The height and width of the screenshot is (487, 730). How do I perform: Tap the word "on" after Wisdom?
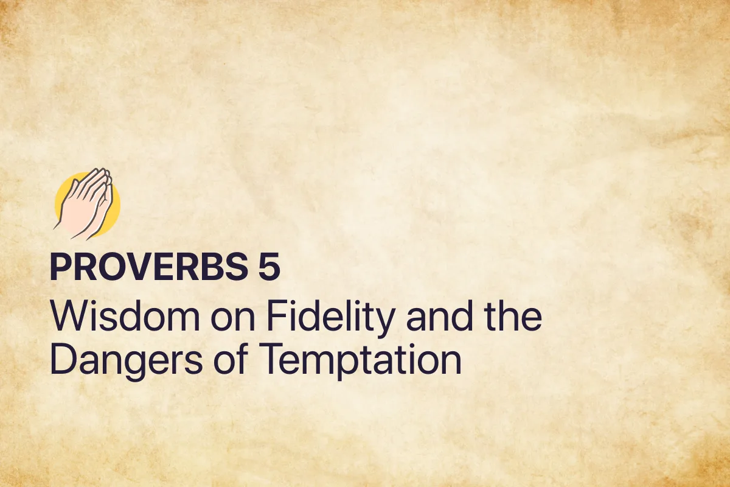[x=227, y=318]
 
